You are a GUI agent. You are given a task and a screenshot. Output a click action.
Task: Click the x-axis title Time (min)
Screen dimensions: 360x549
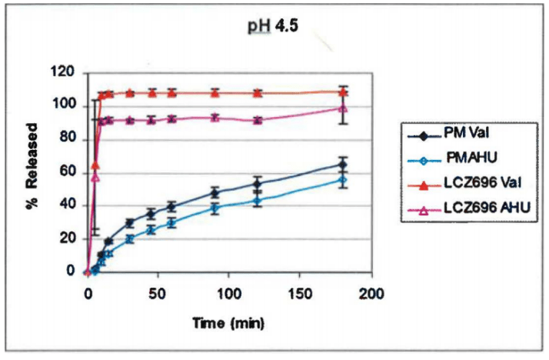point(230,324)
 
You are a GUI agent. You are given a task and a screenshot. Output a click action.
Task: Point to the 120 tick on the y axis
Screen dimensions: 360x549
point(65,73)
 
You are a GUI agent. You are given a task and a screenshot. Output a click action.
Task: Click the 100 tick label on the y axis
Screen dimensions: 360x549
point(65,106)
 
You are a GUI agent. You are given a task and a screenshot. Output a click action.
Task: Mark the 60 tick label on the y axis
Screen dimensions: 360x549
point(68,172)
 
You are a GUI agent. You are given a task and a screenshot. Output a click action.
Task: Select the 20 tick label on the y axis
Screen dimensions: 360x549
point(68,238)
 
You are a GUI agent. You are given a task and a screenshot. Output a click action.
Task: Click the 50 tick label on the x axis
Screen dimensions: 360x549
point(158,293)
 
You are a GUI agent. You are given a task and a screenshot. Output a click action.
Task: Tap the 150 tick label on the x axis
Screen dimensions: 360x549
point(301,293)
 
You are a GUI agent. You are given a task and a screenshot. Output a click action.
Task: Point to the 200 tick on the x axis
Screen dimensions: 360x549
point(372,293)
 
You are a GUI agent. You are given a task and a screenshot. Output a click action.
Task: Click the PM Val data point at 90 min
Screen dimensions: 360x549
point(215,192)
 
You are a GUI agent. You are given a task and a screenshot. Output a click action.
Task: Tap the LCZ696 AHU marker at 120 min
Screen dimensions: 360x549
point(258,120)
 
